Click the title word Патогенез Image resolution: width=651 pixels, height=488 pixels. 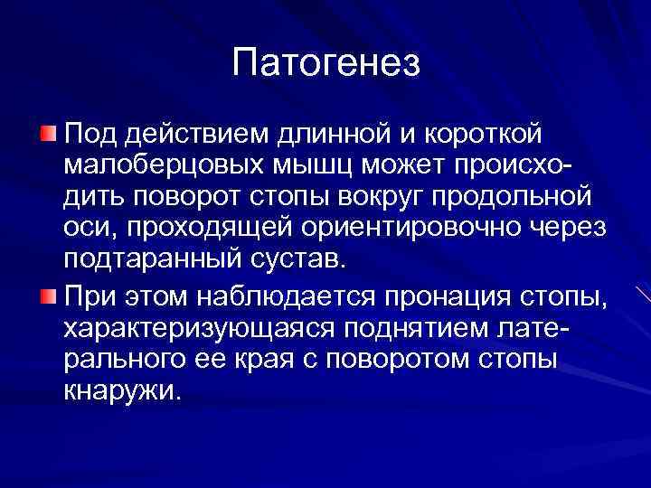click(325, 62)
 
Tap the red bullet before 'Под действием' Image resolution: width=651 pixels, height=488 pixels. click(47, 134)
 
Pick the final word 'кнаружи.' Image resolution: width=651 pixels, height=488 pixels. click(121, 389)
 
